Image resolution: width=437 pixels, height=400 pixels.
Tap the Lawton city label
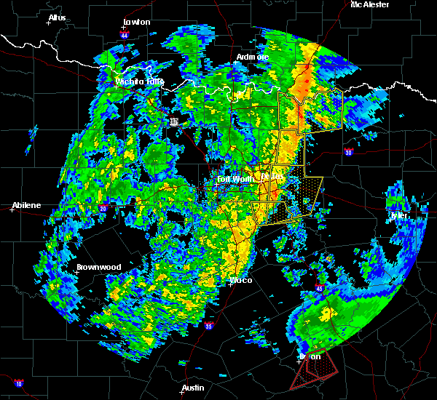[x=136, y=22]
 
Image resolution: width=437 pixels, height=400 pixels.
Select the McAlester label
[x=369, y=4]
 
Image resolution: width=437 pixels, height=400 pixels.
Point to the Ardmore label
[x=253, y=57]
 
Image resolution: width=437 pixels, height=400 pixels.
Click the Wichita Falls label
[x=140, y=81]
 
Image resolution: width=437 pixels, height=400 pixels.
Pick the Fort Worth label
[x=234, y=179]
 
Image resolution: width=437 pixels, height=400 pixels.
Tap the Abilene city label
[x=26, y=205]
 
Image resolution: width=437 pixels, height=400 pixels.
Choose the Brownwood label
[x=99, y=267]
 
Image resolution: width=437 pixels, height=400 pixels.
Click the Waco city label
[x=241, y=279]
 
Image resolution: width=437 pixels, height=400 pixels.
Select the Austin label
[x=193, y=388]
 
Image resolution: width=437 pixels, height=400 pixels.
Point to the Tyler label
[x=399, y=215]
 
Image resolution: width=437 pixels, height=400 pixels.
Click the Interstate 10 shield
[x=18, y=383]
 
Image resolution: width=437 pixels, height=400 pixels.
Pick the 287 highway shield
[x=174, y=122]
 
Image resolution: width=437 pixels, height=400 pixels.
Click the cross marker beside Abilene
[x=14, y=210]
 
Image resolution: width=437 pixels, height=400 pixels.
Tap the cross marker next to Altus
[x=49, y=23]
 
